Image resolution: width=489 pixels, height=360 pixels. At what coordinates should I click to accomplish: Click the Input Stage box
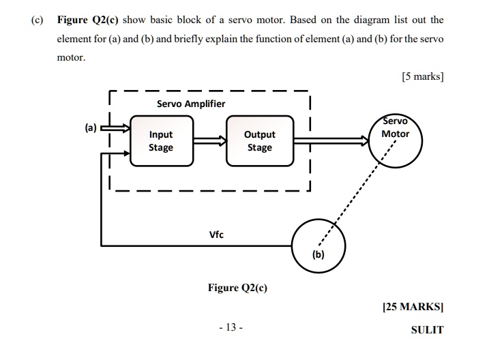[161, 141]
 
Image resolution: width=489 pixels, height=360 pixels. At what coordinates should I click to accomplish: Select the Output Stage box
[259, 141]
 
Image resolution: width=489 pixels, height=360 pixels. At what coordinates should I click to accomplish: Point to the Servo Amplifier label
[191, 104]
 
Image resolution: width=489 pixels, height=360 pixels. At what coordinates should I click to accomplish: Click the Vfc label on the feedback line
[216, 235]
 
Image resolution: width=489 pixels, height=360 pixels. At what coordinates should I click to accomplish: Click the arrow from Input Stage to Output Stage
[209, 141]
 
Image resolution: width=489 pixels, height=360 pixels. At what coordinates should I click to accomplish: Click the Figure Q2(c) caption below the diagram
[237, 288]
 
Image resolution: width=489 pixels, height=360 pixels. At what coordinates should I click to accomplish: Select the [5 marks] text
[423, 76]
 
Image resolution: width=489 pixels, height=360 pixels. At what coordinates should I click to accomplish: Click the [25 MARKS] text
[413, 307]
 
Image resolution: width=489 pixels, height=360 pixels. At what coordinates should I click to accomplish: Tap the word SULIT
[427, 330]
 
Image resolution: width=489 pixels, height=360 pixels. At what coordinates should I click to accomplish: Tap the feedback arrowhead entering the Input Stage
[125, 153]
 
